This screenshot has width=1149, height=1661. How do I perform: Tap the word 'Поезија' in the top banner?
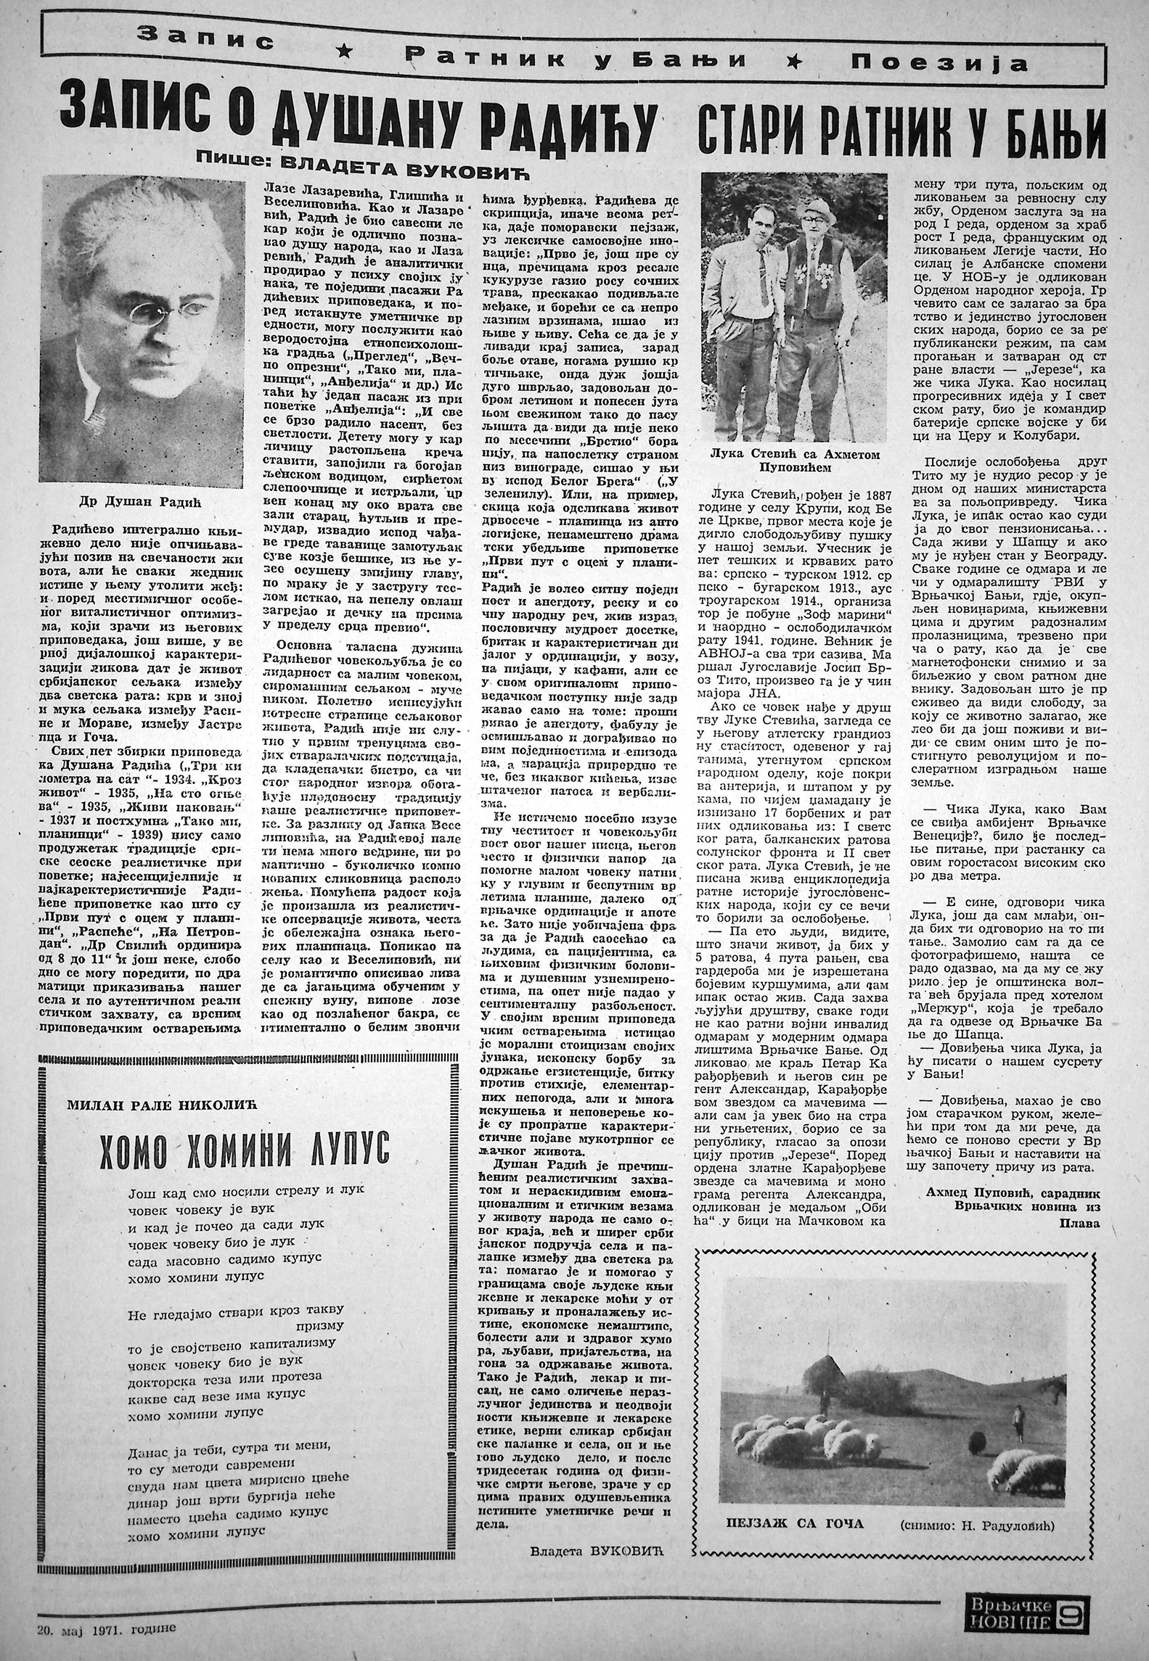(940, 64)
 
